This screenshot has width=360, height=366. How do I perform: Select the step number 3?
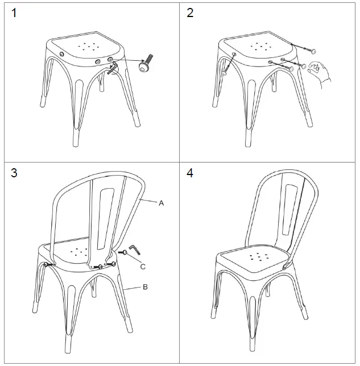tap(15, 173)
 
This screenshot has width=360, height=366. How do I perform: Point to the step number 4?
tap(191, 173)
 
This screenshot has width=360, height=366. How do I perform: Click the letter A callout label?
tap(161, 203)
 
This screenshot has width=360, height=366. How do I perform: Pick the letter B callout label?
tap(145, 288)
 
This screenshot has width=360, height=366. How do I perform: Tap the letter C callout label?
tap(143, 265)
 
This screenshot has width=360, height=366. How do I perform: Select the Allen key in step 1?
tap(114, 69)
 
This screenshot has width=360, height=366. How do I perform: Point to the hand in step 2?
tap(321, 73)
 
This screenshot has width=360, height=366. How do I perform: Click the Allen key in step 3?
tap(135, 250)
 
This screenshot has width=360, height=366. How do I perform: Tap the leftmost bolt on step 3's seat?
tap(48, 264)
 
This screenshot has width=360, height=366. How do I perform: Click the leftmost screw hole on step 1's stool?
tap(61, 53)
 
